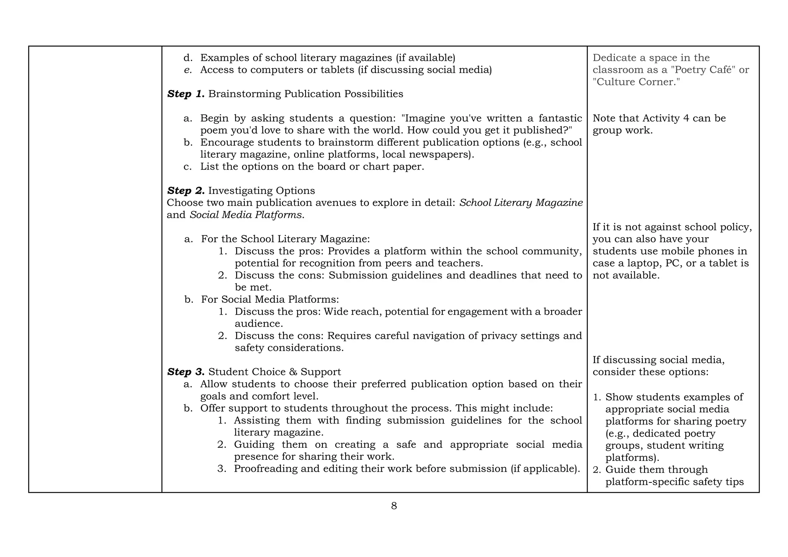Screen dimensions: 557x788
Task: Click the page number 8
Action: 394,506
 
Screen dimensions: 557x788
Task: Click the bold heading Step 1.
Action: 186,94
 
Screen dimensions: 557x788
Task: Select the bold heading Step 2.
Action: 186,191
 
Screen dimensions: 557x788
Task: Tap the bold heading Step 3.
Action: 186,372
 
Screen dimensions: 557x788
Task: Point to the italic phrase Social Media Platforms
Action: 246,215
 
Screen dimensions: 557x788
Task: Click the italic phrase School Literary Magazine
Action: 521,203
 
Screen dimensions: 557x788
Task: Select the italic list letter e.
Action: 188,70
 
